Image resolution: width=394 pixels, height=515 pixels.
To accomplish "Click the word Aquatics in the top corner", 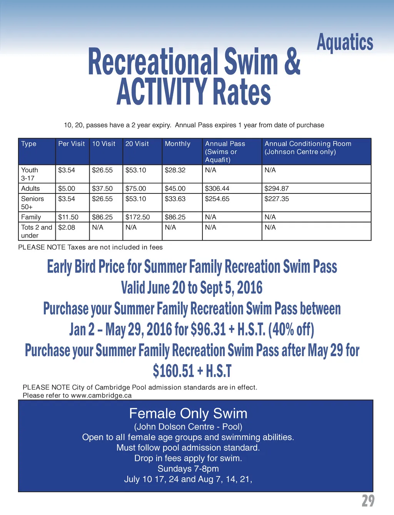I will point(345,42).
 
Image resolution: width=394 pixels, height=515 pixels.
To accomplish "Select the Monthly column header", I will point(177,144).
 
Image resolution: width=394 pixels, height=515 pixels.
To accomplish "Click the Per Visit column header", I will point(72,144).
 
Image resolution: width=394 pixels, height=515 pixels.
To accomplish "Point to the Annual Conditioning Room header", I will point(308,148).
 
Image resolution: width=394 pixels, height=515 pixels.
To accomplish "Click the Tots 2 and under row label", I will point(36,231).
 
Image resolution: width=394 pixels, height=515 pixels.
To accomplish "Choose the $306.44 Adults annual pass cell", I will point(217,188).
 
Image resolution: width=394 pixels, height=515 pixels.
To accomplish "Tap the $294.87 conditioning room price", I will point(276,188).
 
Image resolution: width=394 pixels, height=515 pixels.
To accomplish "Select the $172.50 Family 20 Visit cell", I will point(137,217).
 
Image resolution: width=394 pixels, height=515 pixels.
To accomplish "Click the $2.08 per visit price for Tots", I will point(67,227).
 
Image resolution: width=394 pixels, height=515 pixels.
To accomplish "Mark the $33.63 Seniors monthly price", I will point(175,199).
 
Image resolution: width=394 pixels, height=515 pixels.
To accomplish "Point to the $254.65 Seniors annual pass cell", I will point(217,199).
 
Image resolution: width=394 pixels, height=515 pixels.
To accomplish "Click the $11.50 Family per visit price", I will point(68,217).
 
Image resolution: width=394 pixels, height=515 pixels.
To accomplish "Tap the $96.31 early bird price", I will point(208,329).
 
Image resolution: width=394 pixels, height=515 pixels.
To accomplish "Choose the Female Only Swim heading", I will point(188,413).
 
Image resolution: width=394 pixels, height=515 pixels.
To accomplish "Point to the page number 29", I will point(368,501).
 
